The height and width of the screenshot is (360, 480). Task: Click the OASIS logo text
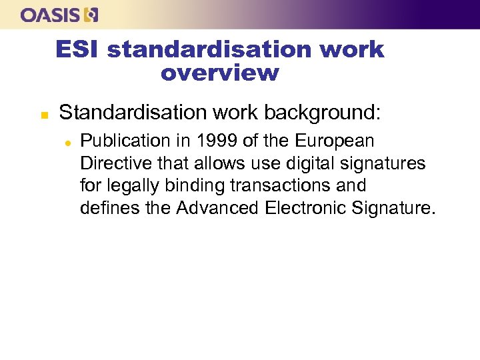tap(51, 14)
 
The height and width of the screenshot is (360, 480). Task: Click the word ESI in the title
tap(77, 49)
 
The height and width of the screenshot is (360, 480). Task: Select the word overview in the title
tap(219, 73)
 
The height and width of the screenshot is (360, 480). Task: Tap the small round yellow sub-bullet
tap(67, 142)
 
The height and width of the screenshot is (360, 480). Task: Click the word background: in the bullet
tap(323, 113)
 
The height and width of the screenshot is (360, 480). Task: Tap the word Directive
tap(111, 163)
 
